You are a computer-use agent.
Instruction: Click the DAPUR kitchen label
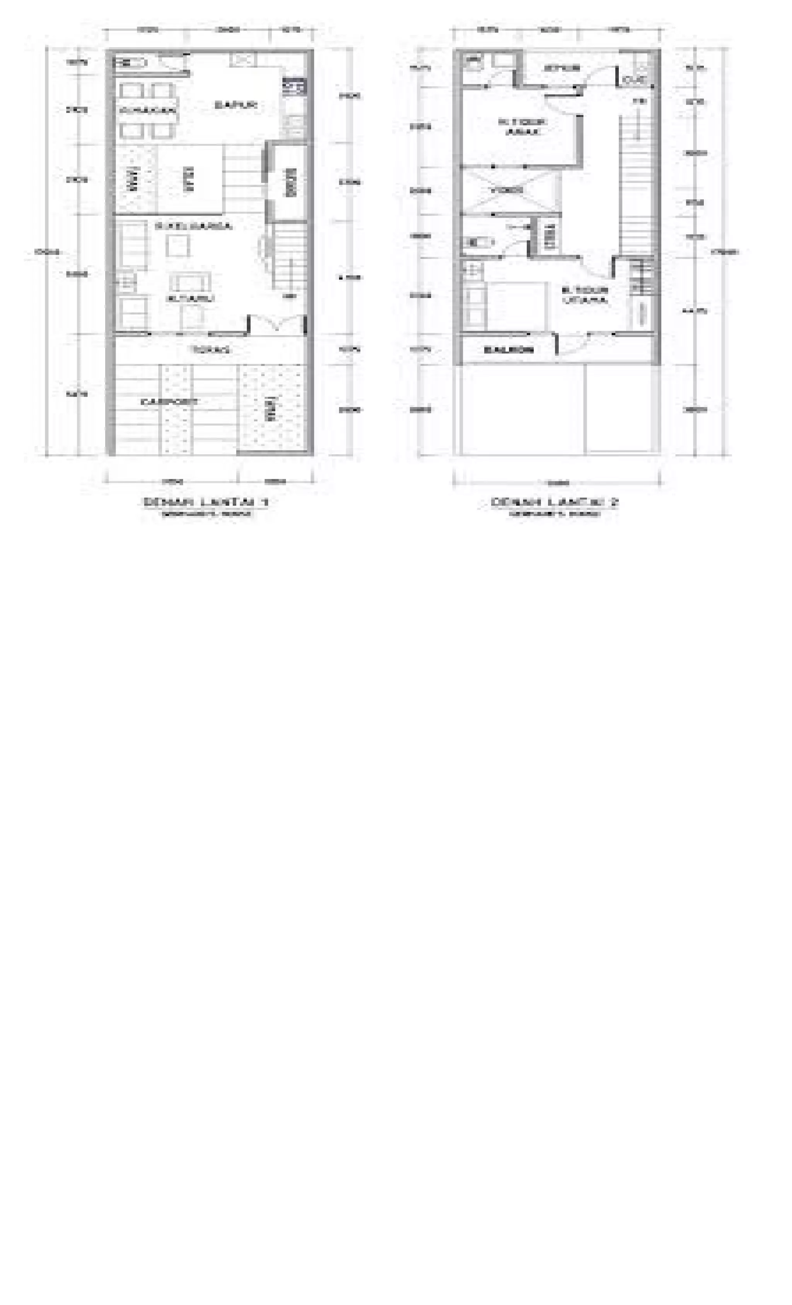point(236,105)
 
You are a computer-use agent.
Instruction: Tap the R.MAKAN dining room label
point(147,110)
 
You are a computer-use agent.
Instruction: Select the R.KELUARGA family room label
point(193,226)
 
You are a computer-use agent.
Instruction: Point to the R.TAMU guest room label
point(191,298)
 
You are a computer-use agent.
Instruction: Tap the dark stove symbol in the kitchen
point(294,86)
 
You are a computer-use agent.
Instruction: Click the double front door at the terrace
point(277,323)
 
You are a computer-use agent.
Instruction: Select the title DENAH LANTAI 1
point(205,501)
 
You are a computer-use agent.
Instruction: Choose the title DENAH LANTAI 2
point(554,501)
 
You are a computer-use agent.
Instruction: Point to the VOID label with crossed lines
point(505,190)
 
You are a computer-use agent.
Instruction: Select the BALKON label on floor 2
point(508,349)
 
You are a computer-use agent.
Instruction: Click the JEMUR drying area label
point(562,68)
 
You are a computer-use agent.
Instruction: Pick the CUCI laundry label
point(634,80)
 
